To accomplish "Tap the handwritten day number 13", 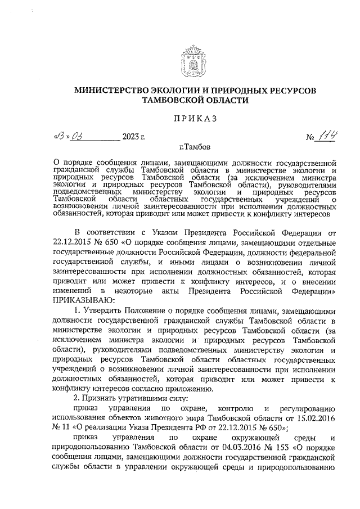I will click(58, 136).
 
